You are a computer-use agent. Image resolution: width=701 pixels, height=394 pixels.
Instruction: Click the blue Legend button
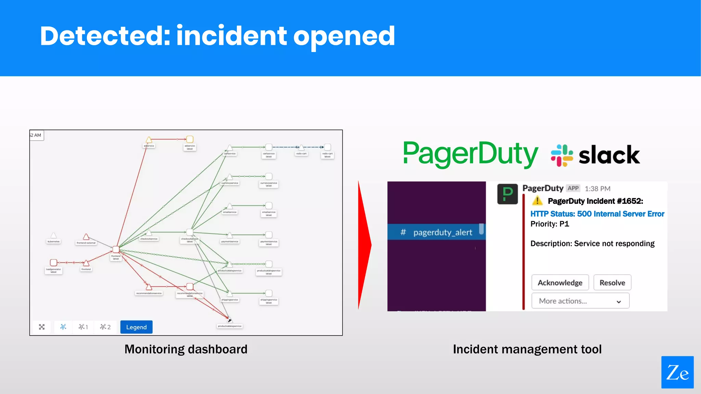coord(136,327)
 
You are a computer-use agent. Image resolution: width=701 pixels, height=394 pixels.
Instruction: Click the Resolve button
coord(612,283)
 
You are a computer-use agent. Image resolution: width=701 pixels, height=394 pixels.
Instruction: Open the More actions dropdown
coord(580,301)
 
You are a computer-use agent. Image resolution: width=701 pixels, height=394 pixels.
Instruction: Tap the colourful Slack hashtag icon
coord(562,155)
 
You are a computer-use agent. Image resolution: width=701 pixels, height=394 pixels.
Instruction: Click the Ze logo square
coord(677,372)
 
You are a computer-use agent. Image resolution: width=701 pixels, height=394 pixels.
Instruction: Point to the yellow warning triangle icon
coord(537,201)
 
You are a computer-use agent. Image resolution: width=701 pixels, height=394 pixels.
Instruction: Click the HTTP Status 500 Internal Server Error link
coord(597,214)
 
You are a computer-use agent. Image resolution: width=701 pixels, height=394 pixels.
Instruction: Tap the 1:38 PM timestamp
coord(597,189)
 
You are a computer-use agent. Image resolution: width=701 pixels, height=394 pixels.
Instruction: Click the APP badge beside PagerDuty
coord(573,188)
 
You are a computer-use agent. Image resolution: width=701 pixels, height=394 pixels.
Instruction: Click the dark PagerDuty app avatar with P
coord(507,194)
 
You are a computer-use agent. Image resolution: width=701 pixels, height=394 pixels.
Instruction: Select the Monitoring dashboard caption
coord(186,349)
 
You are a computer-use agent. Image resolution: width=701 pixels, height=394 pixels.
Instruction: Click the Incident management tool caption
coord(527,349)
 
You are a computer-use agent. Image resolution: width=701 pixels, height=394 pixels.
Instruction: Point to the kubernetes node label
coord(53,241)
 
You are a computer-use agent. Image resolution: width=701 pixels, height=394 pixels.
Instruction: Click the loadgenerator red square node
coord(53,262)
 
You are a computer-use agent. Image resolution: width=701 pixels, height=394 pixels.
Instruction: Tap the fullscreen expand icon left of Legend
coord(42,327)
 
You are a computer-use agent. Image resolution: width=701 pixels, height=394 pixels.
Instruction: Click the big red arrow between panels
coord(364,245)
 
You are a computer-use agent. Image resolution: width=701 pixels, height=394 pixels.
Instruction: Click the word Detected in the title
coord(104,36)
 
